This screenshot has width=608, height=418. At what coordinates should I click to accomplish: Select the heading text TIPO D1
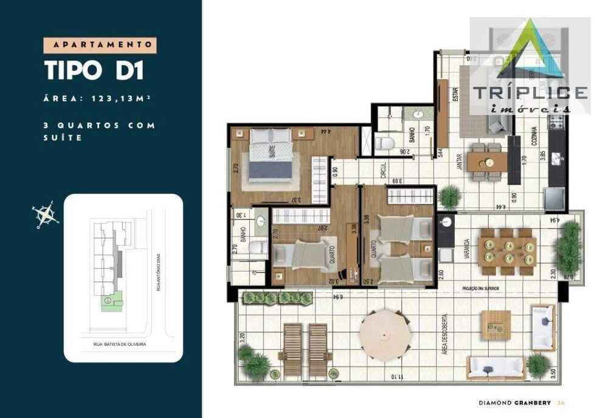[x=94, y=70]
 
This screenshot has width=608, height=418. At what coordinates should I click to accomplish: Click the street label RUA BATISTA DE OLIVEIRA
[x=120, y=344]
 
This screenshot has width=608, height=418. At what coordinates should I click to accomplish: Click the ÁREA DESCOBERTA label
[x=446, y=334]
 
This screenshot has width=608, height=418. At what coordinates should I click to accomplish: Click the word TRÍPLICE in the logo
[x=530, y=93]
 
